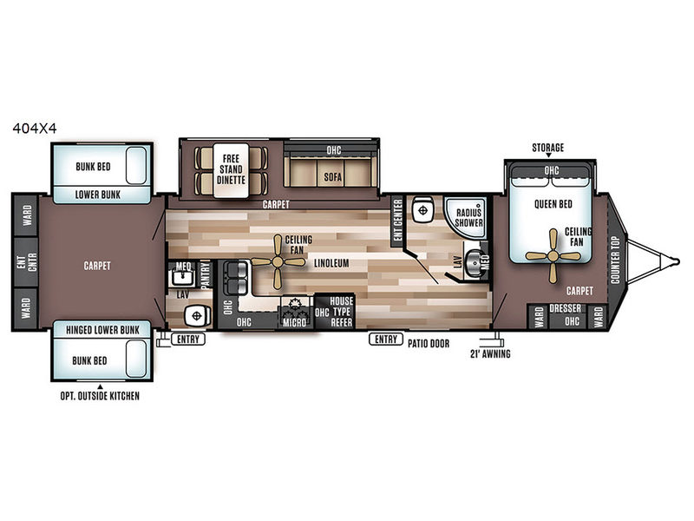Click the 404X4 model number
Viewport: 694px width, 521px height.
pyautogui.click(x=35, y=129)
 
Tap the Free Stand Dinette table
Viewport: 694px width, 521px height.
pyautogui.click(x=231, y=170)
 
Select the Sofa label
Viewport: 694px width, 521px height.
pyautogui.click(x=332, y=177)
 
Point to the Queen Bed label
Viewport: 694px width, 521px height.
pyautogui.click(x=553, y=204)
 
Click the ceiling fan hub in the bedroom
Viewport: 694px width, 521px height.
pyautogui.click(x=553, y=255)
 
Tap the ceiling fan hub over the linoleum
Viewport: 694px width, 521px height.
pyautogui.click(x=278, y=262)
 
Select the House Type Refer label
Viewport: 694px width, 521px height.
pyautogui.click(x=341, y=312)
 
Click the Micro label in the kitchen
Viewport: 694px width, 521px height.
pyautogui.click(x=294, y=323)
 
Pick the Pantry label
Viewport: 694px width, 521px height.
pyautogui.click(x=205, y=275)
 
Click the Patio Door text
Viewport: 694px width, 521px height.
pyautogui.click(x=428, y=343)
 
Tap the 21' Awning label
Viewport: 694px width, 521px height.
pyautogui.click(x=490, y=353)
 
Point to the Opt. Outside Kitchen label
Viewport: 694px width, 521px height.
pyautogui.click(x=100, y=396)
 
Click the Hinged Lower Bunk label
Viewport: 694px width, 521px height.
pyautogui.click(x=102, y=330)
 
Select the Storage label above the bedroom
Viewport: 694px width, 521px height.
pyautogui.click(x=548, y=148)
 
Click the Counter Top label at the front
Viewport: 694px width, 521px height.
pyautogui.click(x=615, y=260)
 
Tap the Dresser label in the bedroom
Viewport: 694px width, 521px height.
pyautogui.click(x=565, y=308)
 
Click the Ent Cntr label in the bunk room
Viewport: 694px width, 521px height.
pyautogui.click(x=26, y=262)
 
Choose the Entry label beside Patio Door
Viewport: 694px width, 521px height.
pyautogui.click(x=385, y=340)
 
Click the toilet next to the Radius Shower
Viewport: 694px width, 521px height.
pyautogui.click(x=422, y=210)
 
